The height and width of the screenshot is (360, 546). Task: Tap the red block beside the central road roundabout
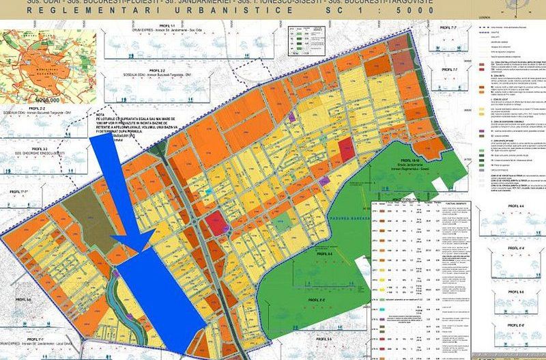214,223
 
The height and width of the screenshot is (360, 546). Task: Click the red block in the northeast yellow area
347,146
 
